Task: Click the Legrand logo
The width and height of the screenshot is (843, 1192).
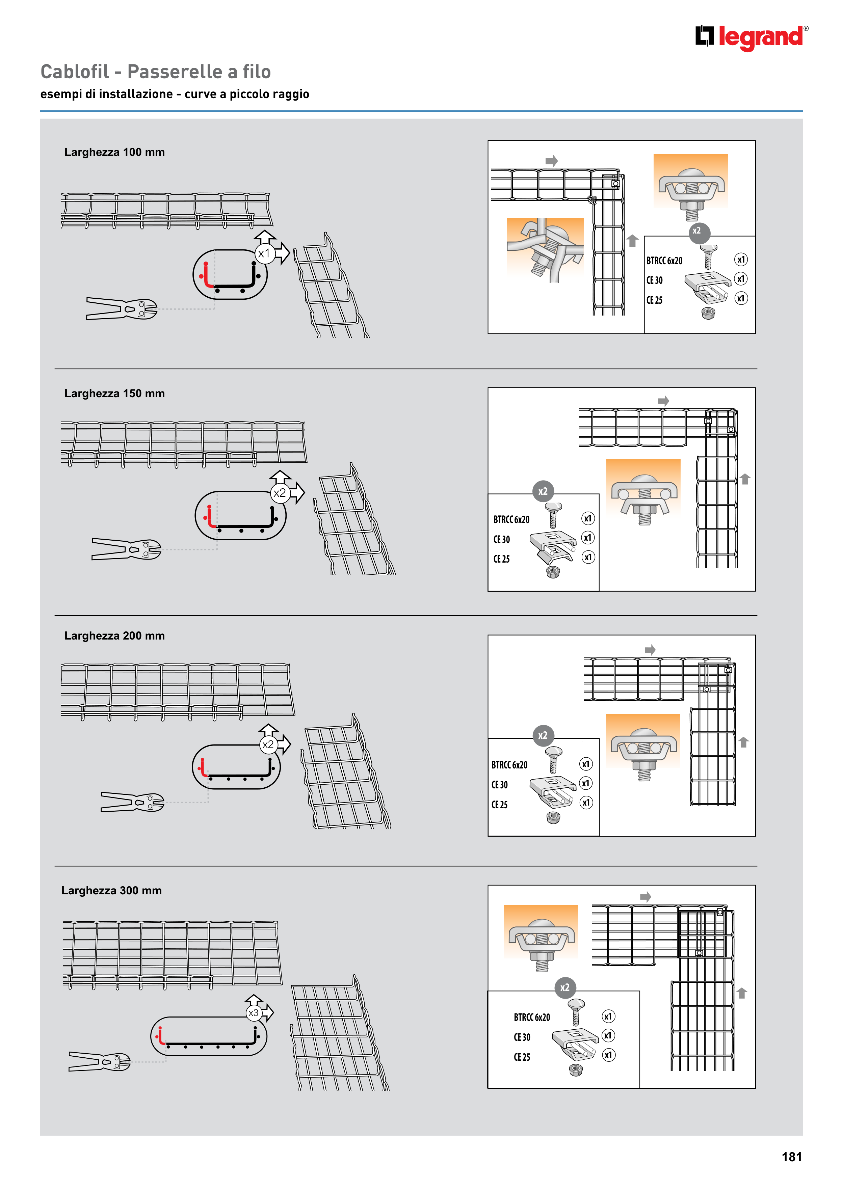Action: pyautogui.click(x=752, y=37)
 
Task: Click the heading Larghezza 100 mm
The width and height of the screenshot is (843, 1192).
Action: pyautogui.click(x=114, y=152)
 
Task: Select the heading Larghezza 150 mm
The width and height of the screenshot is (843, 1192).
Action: pyautogui.click(x=114, y=394)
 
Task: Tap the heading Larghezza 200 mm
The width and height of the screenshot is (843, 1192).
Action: pyautogui.click(x=114, y=635)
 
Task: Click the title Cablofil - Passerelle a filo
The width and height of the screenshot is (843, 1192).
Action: pyautogui.click(x=156, y=72)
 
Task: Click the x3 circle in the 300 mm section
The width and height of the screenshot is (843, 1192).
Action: pyautogui.click(x=254, y=1013)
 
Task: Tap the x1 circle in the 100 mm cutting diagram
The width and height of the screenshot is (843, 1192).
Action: pyautogui.click(x=264, y=253)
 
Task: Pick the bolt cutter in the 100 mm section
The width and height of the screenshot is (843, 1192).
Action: pyautogui.click(x=122, y=308)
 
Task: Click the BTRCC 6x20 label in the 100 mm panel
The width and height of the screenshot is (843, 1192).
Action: pyautogui.click(x=664, y=261)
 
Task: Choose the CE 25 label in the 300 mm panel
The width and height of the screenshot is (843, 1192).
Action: pyautogui.click(x=522, y=1057)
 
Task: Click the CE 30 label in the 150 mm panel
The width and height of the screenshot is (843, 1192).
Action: pyautogui.click(x=502, y=539)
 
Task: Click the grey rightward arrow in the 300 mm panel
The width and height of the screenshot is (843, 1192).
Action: pyautogui.click(x=646, y=897)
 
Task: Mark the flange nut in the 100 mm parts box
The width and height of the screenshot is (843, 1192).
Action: pyautogui.click(x=707, y=313)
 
